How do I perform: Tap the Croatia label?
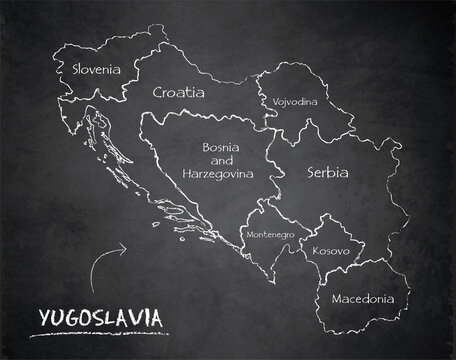tap(178, 92)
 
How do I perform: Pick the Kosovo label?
tap(330, 250)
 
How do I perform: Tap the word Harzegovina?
tap(218, 173)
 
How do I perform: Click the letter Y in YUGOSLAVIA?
tap(42, 317)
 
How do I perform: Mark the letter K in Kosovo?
tap(314, 250)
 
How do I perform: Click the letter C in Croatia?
tap(158, 92)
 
